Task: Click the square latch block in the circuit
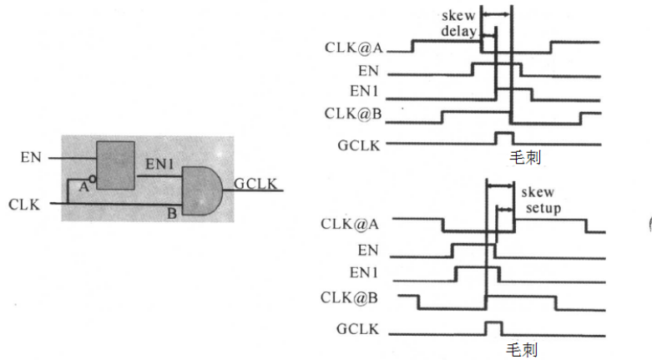(116, 165)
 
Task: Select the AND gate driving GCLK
(200, 190)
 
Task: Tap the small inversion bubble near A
(93, 179)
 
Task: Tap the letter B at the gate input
(170, 214)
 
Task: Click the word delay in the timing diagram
(458, 33)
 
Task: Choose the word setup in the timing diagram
(537, 206)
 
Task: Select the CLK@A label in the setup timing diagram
(351, 224)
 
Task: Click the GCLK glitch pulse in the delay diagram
(504, 137)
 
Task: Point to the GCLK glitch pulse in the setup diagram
(493, 326)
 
